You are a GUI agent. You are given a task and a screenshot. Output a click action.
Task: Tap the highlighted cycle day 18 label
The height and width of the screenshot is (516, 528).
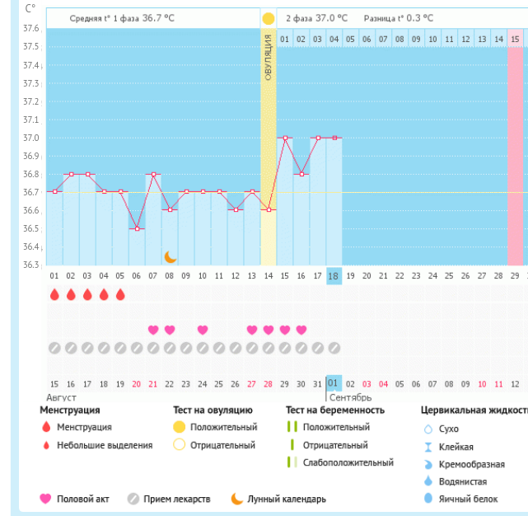tap(334, 276)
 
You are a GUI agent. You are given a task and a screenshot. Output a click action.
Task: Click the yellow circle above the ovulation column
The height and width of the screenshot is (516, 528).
tap(269, 18)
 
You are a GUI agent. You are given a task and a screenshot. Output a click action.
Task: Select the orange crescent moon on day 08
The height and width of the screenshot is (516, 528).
tap(170, 256)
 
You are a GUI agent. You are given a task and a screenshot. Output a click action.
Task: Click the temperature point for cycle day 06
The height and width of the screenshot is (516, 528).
tap(137, 228)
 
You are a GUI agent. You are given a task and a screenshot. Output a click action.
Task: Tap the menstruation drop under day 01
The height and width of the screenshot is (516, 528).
tap(54, 294)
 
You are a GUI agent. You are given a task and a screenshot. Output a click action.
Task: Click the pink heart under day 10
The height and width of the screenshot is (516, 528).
tap(203, 330)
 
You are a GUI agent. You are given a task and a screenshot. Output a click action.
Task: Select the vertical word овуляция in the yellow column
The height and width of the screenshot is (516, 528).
tap(269, 58)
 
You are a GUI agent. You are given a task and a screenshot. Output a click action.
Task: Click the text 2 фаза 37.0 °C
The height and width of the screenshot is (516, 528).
tap(317, 17)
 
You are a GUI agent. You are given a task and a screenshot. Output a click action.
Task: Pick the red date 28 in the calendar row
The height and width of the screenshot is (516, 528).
tap(269, 384)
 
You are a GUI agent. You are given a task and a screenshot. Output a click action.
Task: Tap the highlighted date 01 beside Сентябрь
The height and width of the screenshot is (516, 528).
tap(334, 383)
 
